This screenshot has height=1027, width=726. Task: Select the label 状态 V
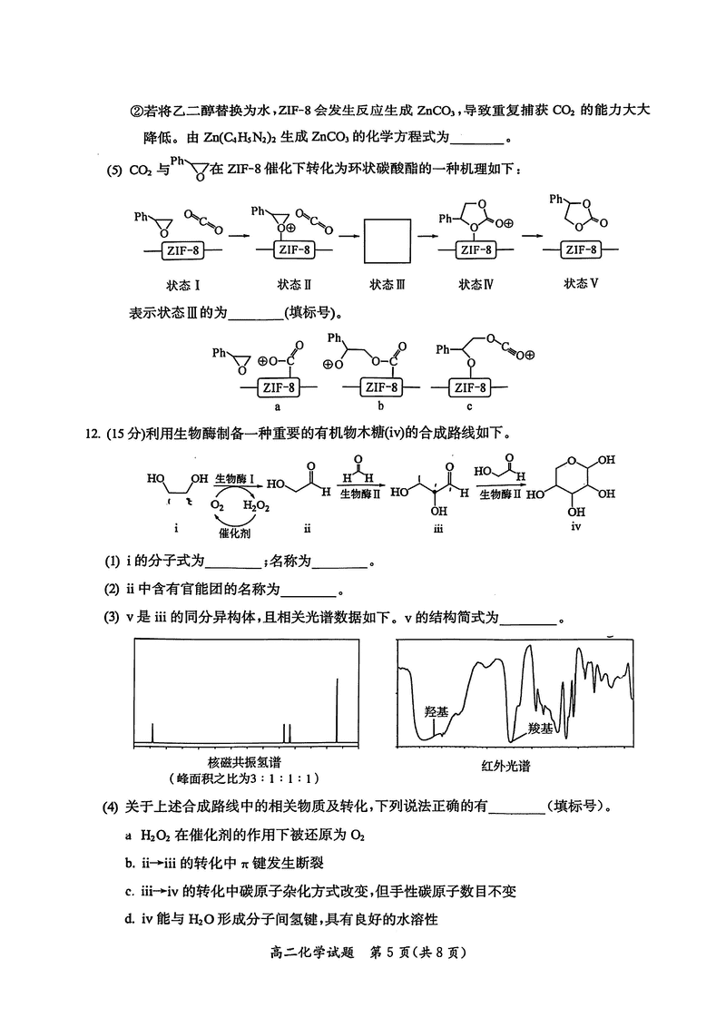click(x=581, y=282)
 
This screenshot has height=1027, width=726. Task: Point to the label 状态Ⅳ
click(x=476, y=284)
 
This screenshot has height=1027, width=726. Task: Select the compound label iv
click(x=575, y=526)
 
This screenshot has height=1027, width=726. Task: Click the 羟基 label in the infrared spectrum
click(x=437, y=712)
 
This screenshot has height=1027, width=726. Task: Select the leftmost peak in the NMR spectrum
click(x=152, y=732)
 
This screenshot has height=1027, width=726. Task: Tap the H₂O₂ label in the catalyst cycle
click(x=255, y=505)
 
